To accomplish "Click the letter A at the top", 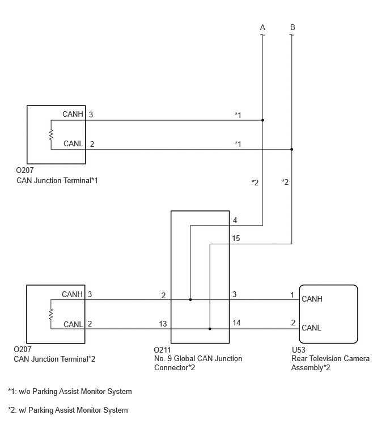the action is pos(262,27).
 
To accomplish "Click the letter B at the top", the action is pos(292,27).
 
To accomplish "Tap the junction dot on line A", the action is pos(262,120).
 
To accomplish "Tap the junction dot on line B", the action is pos(292,149).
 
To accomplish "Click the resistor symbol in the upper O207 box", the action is pos(51,135).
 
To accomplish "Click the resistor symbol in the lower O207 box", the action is pos(51,314).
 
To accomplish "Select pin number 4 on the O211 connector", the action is pos(235,221).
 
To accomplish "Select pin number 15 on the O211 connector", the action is pos(236,238).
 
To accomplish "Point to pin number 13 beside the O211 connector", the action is pos(163,324).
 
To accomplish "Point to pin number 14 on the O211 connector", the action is pos(236,323).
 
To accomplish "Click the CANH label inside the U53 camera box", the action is pos(312,299).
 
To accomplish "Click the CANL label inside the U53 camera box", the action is pos(311,328).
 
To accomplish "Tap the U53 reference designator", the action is pos(299,350).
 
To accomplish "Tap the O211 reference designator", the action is pos(162,350).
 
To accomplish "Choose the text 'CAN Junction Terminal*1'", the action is pos(57,180).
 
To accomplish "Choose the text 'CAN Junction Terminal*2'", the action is pos(54,359).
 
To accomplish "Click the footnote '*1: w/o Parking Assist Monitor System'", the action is pos(70,391).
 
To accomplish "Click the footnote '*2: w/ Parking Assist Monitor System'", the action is pos(68,410).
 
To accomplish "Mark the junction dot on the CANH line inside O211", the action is pos(190,300).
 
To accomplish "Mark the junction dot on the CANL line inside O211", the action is pos(210,329).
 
